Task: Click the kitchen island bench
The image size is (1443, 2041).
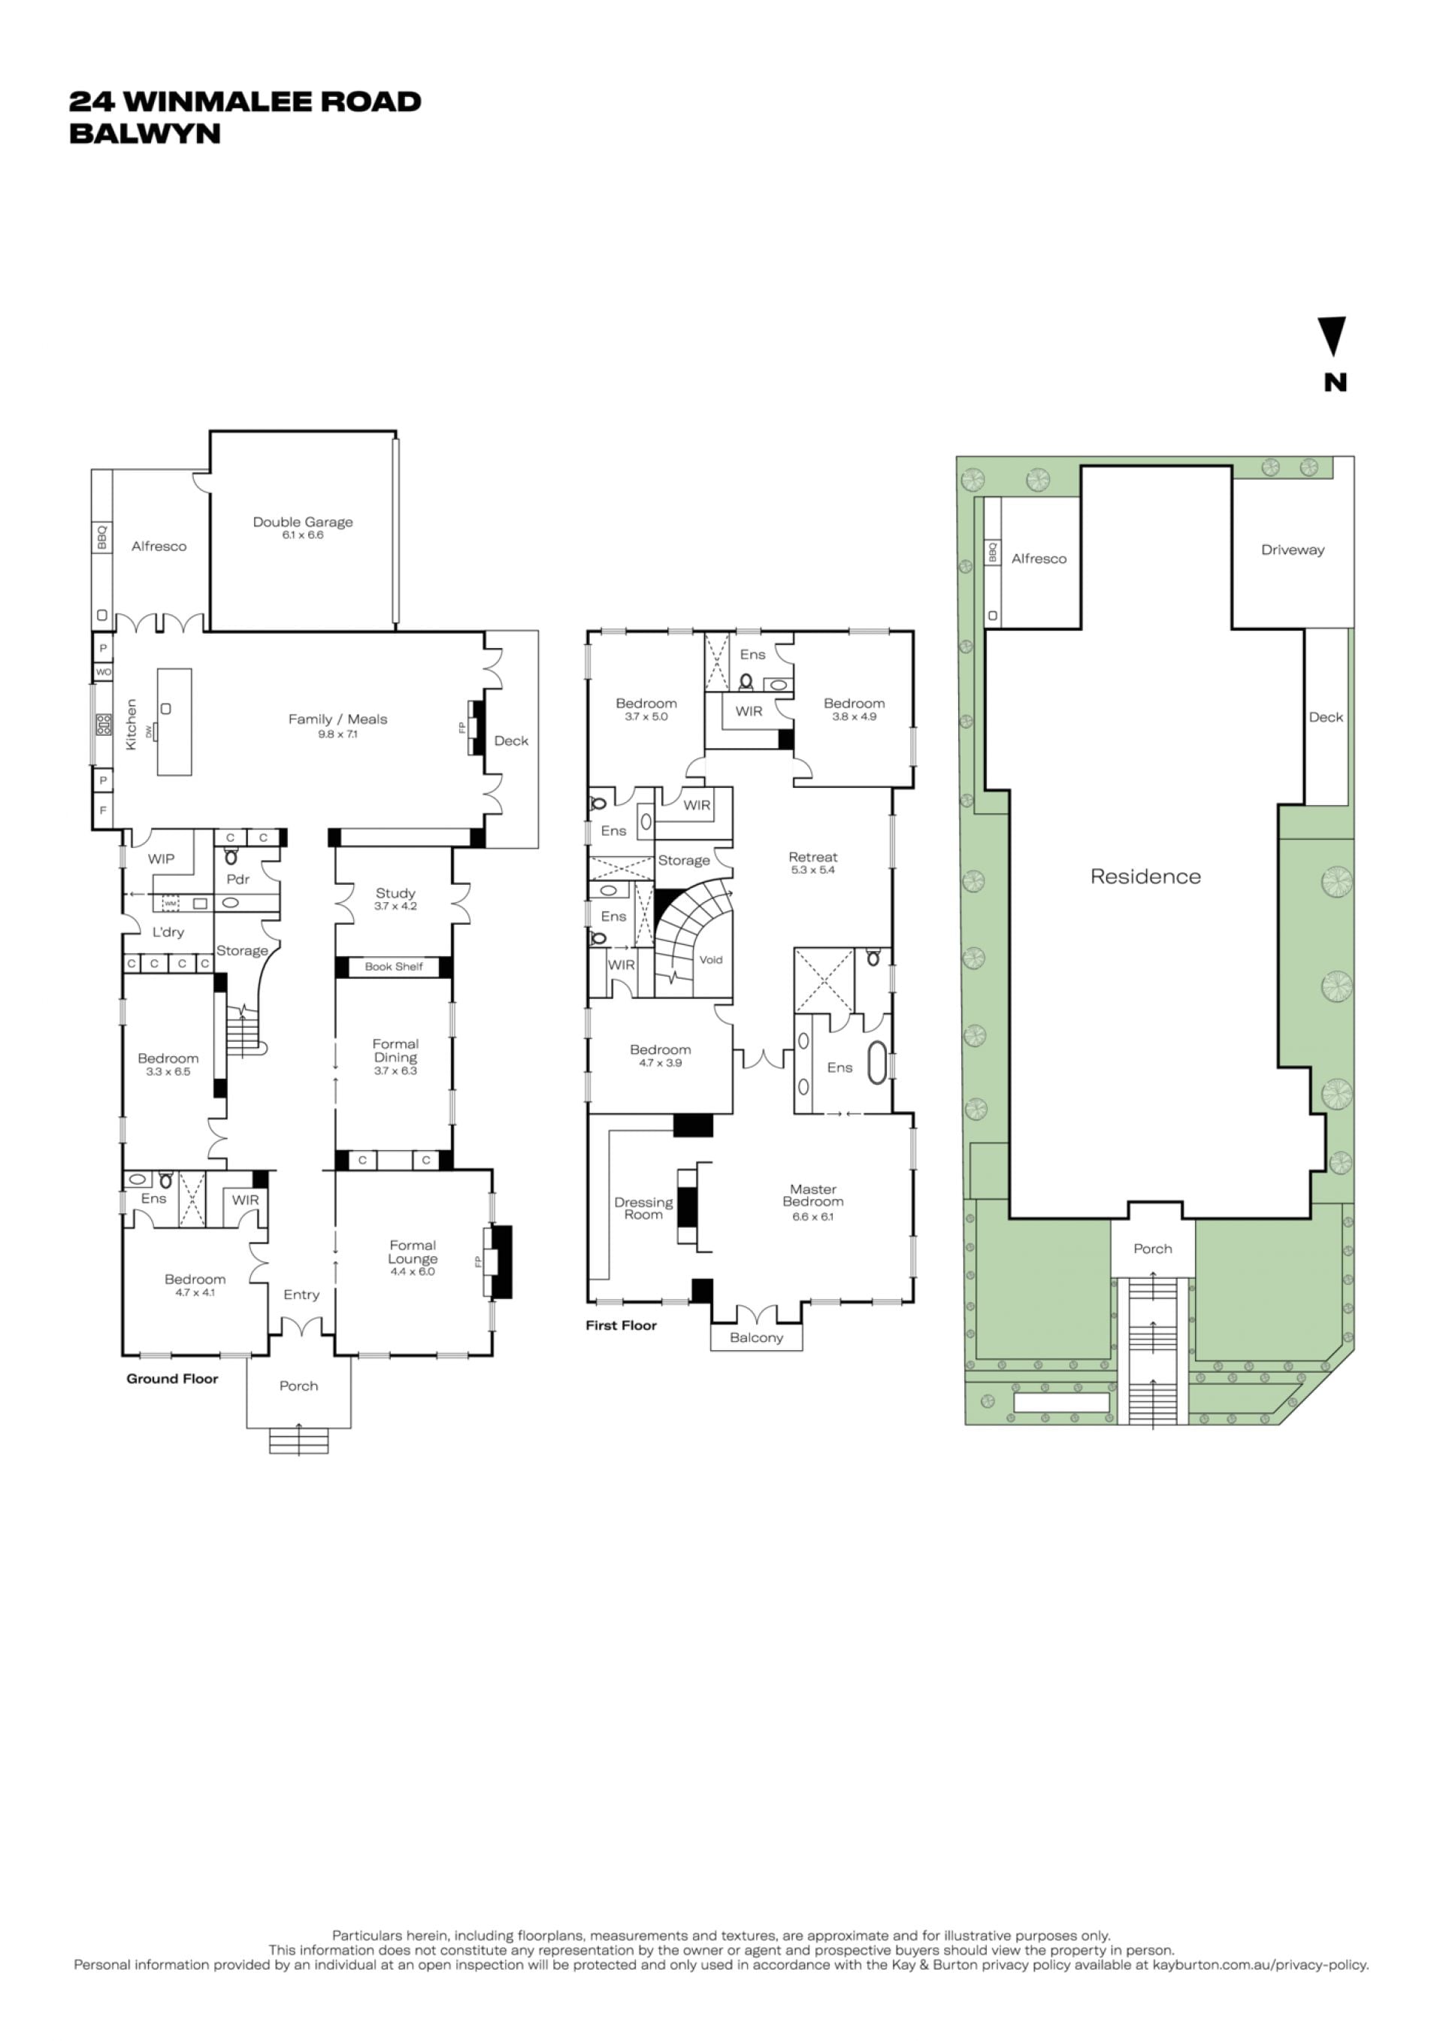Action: tap(174, 722)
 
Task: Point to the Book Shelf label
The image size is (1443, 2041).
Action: tap(394, 966)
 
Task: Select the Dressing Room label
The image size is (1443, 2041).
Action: tap(643, 1208)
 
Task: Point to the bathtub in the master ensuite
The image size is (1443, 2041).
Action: tap(877, 1062)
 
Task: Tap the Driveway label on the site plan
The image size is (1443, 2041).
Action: tap(1293, 550)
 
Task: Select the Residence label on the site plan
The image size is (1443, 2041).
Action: tap(1145, 877)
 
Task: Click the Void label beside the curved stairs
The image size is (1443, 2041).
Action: tap(711, 959)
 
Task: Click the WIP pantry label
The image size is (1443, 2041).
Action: tap(161, 858)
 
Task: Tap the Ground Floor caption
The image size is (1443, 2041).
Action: tap(172, 1378)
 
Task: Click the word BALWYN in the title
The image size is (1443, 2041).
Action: tap(145, 133)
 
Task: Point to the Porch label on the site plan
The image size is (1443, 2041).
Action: tap(1152, 1248)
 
